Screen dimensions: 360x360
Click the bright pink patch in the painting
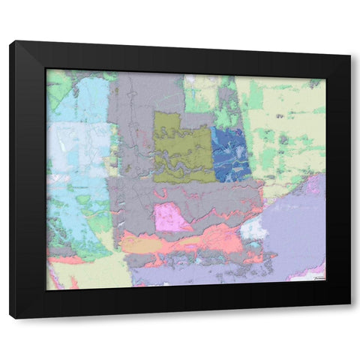click(x=171, y=217)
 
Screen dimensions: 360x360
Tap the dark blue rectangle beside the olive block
click(x=230, y=154)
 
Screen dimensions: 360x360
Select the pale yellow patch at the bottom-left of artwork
click(x=82, y=274)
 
